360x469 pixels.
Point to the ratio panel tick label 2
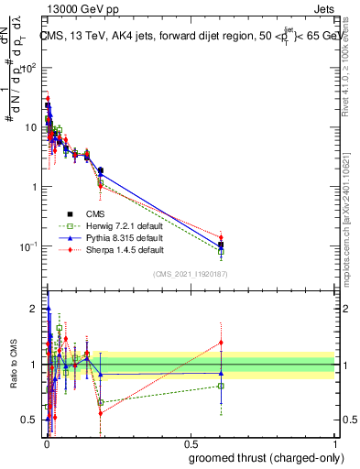click(x=34, y=309)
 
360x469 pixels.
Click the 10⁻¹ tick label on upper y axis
click(x=27, y=246)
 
